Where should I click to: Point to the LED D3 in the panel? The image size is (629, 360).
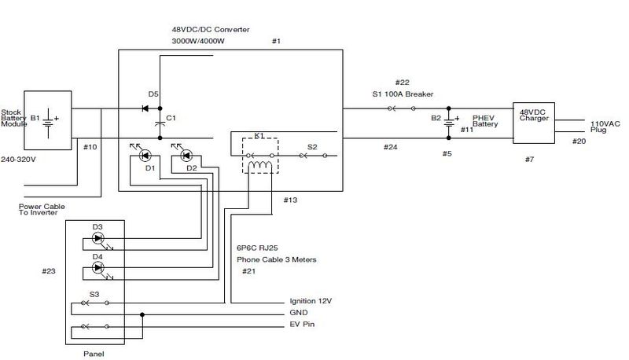98,237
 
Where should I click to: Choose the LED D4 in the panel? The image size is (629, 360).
98,267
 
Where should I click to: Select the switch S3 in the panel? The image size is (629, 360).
98,303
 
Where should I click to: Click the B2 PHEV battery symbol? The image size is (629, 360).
449,122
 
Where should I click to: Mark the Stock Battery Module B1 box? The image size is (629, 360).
49,122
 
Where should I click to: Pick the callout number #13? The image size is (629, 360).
290,201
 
